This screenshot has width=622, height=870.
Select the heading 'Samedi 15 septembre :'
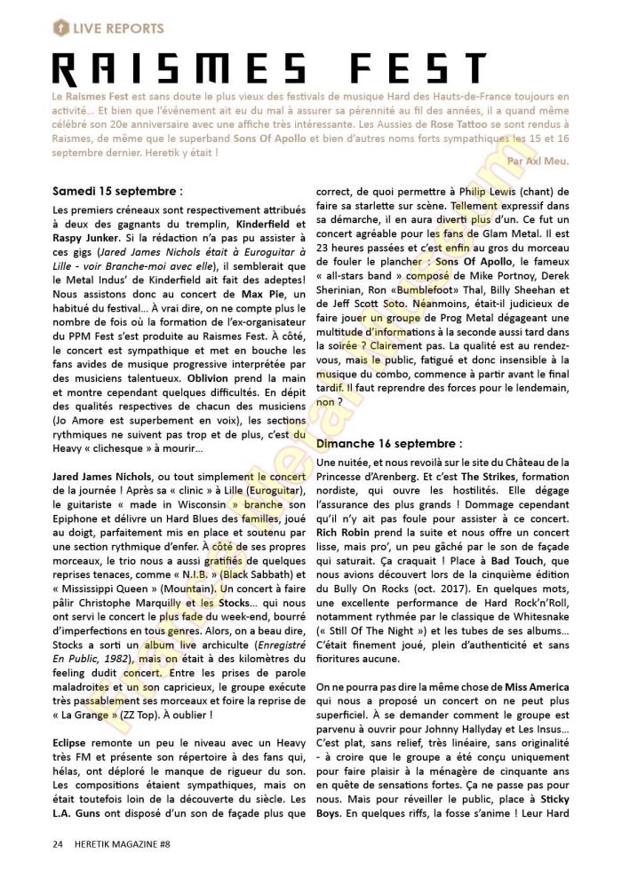[x=117, y=190]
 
